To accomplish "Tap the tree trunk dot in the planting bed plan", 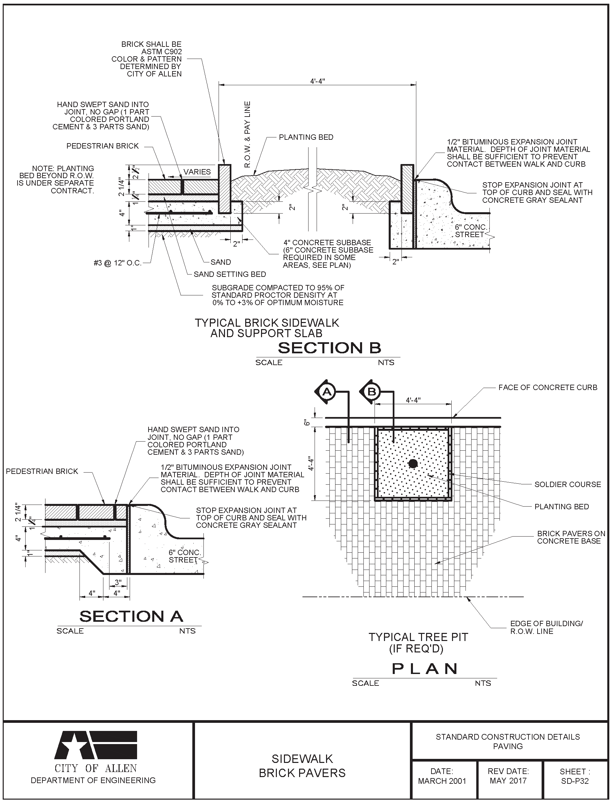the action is click(413, 463).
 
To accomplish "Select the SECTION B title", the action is click(329, 348).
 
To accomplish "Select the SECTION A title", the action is click(131, 616).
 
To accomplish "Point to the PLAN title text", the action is click(425, 669).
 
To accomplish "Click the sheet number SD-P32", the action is click(575, 781).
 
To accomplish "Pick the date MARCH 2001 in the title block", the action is click(442, 781).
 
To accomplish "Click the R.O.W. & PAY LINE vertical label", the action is click(247, 134).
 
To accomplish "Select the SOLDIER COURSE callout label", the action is click(568, 484).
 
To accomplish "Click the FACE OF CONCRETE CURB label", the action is click(548, 387).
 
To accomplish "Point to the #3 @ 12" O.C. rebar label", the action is click(118, 263).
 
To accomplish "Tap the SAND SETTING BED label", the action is click(229, 274).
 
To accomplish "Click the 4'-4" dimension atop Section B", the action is click(317, 81).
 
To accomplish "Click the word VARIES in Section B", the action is click(197, 171).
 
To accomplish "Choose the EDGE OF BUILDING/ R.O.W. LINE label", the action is click(546, 628).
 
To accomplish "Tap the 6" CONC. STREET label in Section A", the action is click(185, 556).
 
